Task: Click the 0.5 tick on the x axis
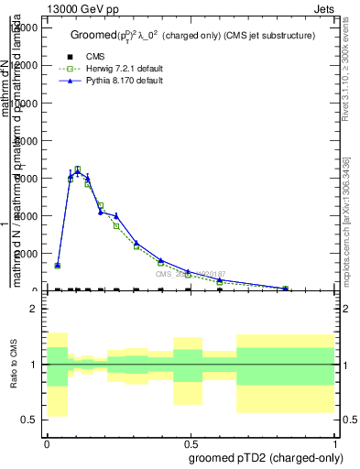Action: (x=191, y=442)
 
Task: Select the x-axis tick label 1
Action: (x=335, y=442)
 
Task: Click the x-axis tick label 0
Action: (x=47, y=442)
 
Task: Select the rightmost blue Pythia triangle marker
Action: (x=286, y=289)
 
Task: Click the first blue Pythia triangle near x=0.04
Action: (x=58, y=265)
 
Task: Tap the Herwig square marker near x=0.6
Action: (x=220, y=282)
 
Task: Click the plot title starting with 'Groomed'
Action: (x=193, y=35)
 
